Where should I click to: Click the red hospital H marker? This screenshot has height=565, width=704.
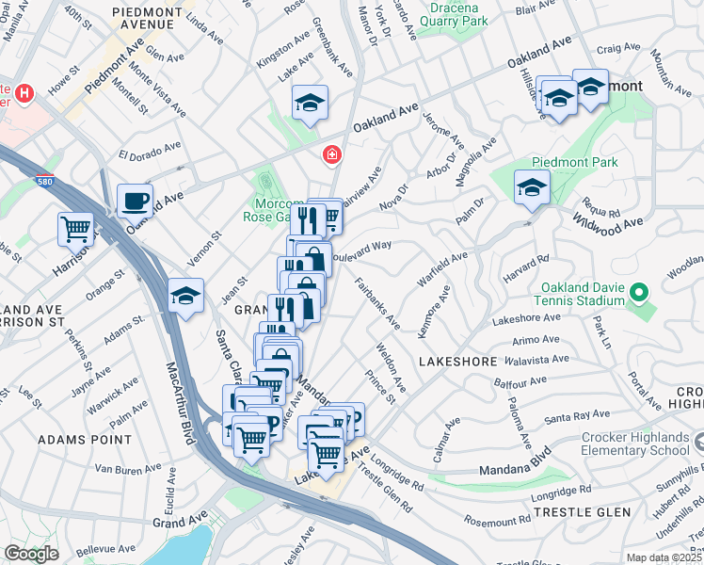coord(24,94)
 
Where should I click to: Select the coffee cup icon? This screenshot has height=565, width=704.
coord(135,201)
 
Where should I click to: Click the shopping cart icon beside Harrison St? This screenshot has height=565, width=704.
coord(75,228)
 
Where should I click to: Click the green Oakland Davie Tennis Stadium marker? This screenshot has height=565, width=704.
coord(639,293)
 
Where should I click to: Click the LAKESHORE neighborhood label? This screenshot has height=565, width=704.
coord(456,361)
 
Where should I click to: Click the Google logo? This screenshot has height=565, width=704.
coord(31,554)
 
